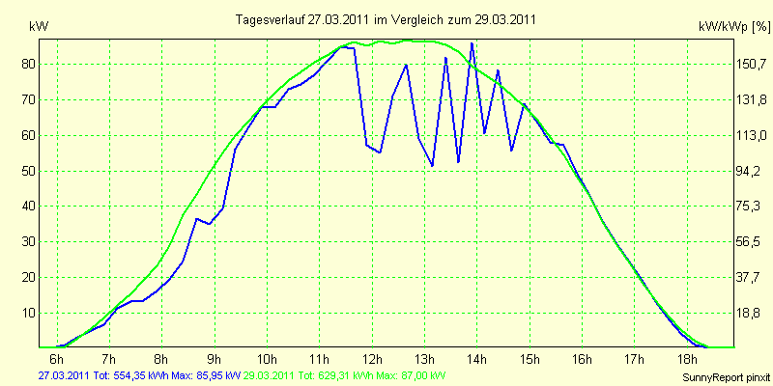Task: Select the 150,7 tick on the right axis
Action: coord(751,65)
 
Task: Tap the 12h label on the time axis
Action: coord(372,358)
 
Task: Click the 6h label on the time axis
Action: coord(57,358)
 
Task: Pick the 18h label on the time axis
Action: coord(687,358)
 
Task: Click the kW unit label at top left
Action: coord(39,27)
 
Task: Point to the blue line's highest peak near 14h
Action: coord(472,43)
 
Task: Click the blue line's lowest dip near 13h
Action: coord(432,166)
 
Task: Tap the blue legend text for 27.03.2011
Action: coord(138,376)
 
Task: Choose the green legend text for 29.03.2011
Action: coord(340,376)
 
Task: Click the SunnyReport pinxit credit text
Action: coord(726,377)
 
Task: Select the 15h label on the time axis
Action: coord(530,358)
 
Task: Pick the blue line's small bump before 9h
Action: coord(196,219)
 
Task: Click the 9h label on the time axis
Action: coord(215,358)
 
